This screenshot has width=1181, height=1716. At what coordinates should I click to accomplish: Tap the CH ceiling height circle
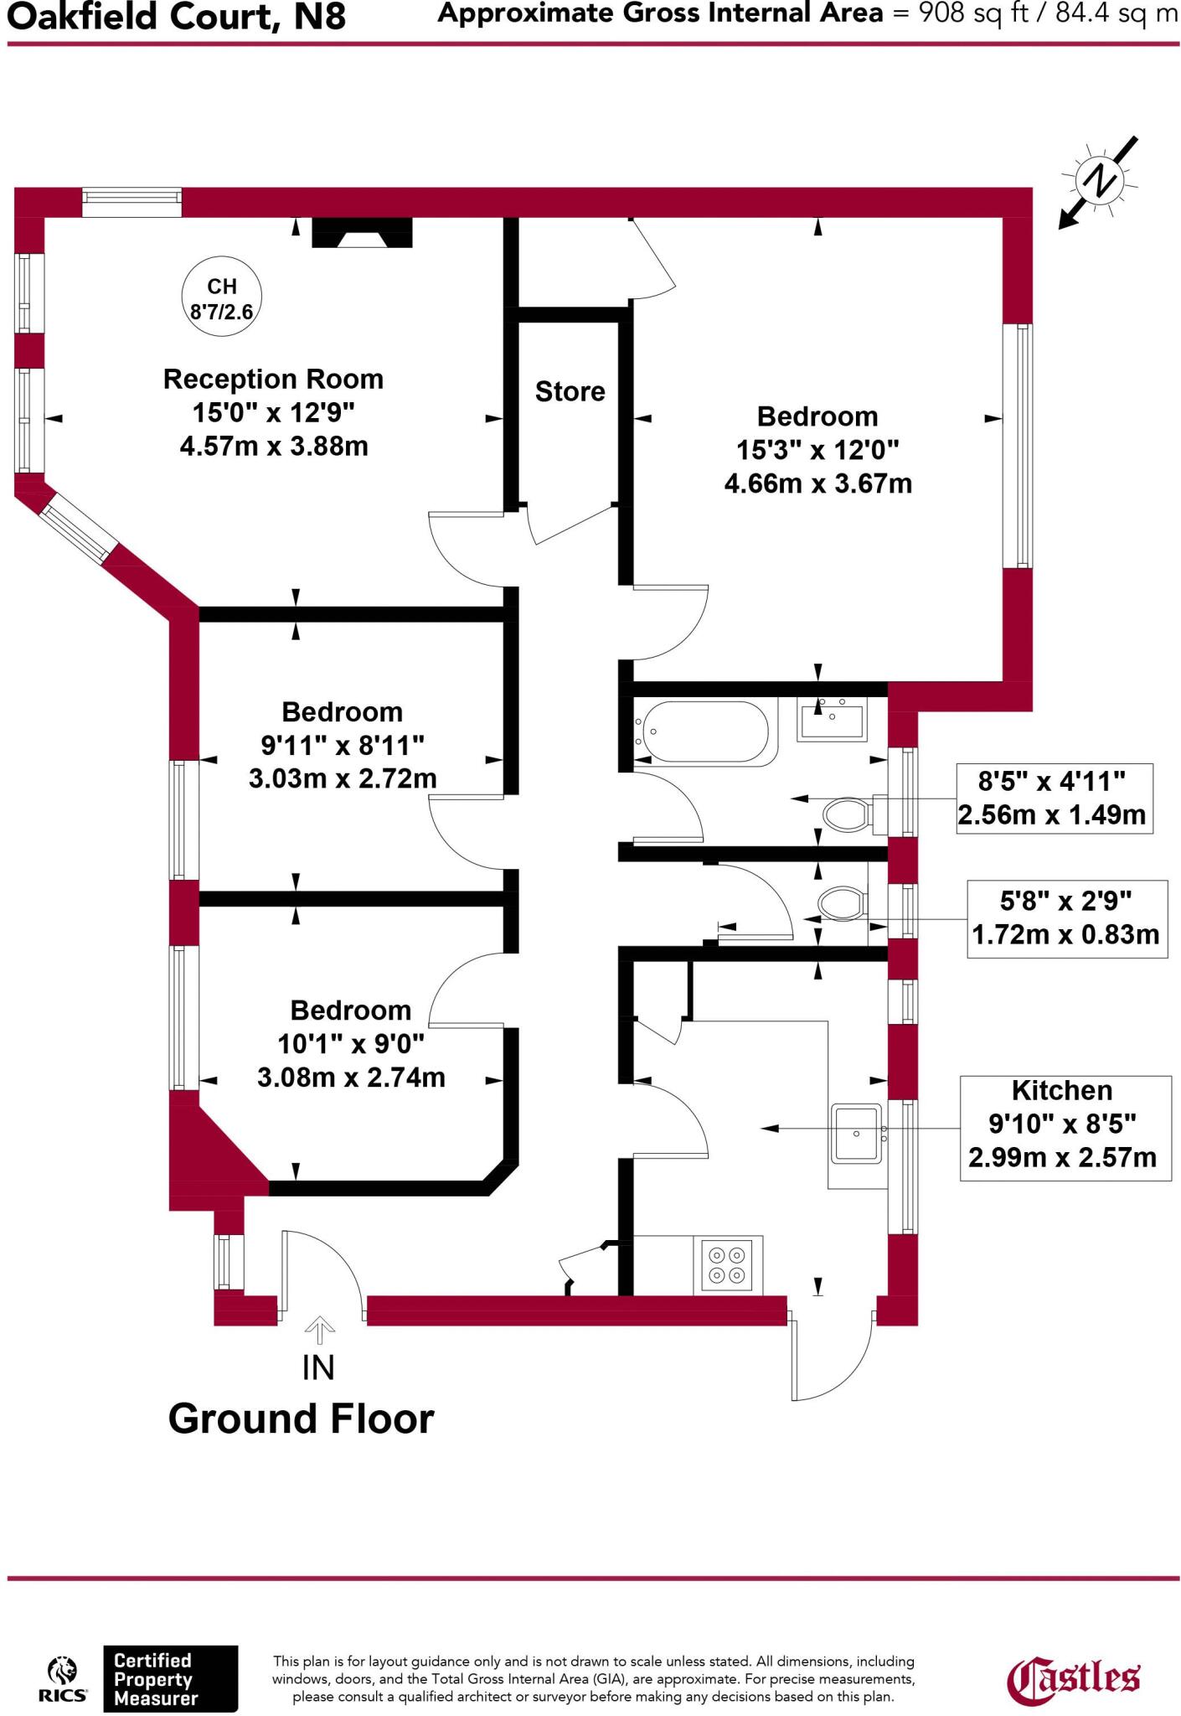[222, 298]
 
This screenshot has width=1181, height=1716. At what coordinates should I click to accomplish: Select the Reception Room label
[273, 380]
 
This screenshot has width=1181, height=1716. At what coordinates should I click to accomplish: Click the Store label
[570, 391]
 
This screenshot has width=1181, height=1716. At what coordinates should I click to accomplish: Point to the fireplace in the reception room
[362, 233]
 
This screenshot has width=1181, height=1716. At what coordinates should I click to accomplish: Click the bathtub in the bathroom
[702, 733]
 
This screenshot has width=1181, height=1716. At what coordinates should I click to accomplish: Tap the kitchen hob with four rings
[727, 1264]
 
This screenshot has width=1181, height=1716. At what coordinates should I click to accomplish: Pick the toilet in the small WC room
[841, 905]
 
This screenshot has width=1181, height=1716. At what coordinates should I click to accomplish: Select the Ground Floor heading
[302, 1419]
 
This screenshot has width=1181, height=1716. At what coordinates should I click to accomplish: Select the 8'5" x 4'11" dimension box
[1054, 799]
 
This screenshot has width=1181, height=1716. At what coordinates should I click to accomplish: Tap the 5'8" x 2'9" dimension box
[1066, 918]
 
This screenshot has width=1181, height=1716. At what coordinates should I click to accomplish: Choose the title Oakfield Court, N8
[177, 17]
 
